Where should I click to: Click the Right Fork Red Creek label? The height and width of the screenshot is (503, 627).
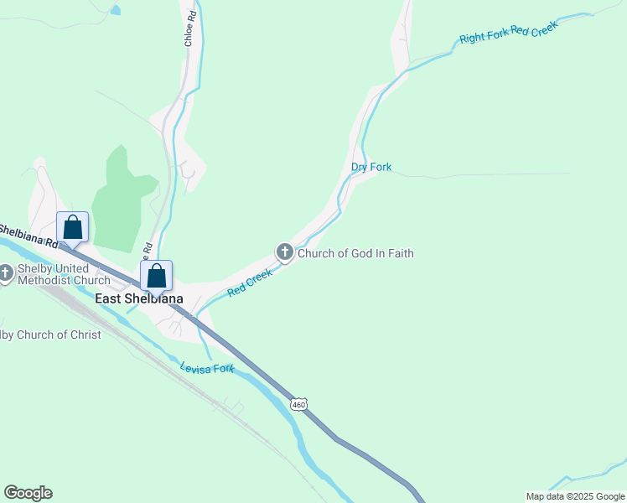(508, 32)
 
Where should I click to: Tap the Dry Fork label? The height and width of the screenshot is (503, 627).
(371, 168)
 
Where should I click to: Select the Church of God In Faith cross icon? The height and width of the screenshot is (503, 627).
(285, 252)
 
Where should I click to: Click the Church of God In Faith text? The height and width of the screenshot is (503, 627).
(355, 253)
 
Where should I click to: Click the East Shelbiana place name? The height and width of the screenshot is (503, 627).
(139, 298)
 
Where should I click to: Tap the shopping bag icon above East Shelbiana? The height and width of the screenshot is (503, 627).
(157, 275)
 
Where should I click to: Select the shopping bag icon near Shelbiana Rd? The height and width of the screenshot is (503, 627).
(73, 227)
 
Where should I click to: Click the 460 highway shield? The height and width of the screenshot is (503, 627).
(299, 405)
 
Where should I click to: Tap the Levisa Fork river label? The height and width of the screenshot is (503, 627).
(207, 368)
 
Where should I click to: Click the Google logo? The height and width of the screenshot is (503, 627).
(28, 493)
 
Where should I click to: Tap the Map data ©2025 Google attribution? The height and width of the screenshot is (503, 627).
(575, 496)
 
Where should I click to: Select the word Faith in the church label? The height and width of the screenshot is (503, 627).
(398, 253)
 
